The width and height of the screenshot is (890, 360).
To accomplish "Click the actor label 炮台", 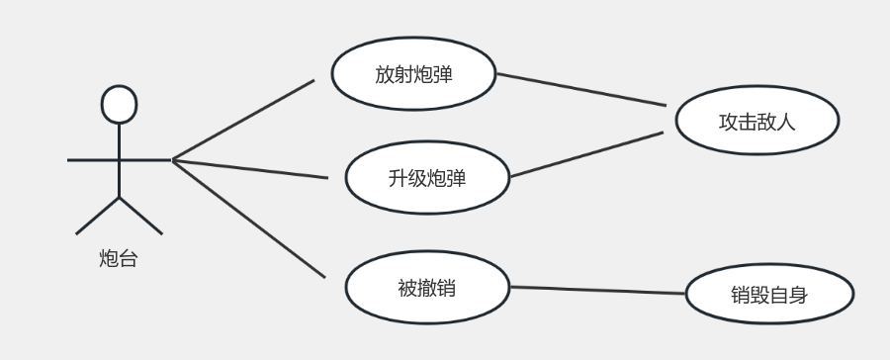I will (119, 259).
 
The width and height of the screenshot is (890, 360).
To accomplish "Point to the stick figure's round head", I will (119, 104).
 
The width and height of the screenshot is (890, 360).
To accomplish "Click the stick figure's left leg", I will (98, 216).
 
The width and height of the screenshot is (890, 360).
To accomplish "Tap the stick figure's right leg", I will (140, 216).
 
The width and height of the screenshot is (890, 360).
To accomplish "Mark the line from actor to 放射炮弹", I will (242, 119).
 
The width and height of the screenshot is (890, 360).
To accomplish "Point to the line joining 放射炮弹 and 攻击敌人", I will (579, 89).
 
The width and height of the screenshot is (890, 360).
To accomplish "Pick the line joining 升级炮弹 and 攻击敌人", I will (585, 154).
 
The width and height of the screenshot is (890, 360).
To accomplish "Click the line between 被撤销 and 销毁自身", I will (597, 290).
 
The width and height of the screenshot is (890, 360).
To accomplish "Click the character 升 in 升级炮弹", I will (399, 179).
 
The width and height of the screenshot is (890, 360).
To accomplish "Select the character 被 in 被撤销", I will (406, 289).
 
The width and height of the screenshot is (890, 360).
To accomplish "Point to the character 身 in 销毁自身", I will (798, 295).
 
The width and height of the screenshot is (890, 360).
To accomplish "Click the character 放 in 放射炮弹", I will (385, 74).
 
